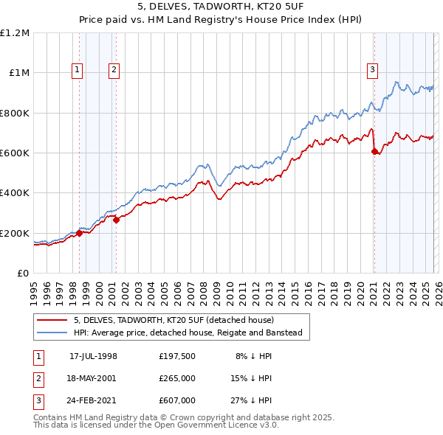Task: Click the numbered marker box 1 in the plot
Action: tap(78, 70)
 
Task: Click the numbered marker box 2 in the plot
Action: tap(114, 70)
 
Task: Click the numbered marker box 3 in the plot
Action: tap(373, 70)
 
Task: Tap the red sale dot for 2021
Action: tap(374, 152)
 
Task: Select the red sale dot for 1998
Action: tap(80, 234)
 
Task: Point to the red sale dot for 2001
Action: tap(116, 220)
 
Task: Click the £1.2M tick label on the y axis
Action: tap(15, 33)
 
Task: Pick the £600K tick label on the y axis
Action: tap(15, 153)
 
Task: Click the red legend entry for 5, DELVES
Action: tap(174, 320)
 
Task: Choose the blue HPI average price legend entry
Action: tap(188, 333)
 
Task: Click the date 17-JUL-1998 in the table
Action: tap(93, 355)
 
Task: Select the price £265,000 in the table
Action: tap(176, 378)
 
